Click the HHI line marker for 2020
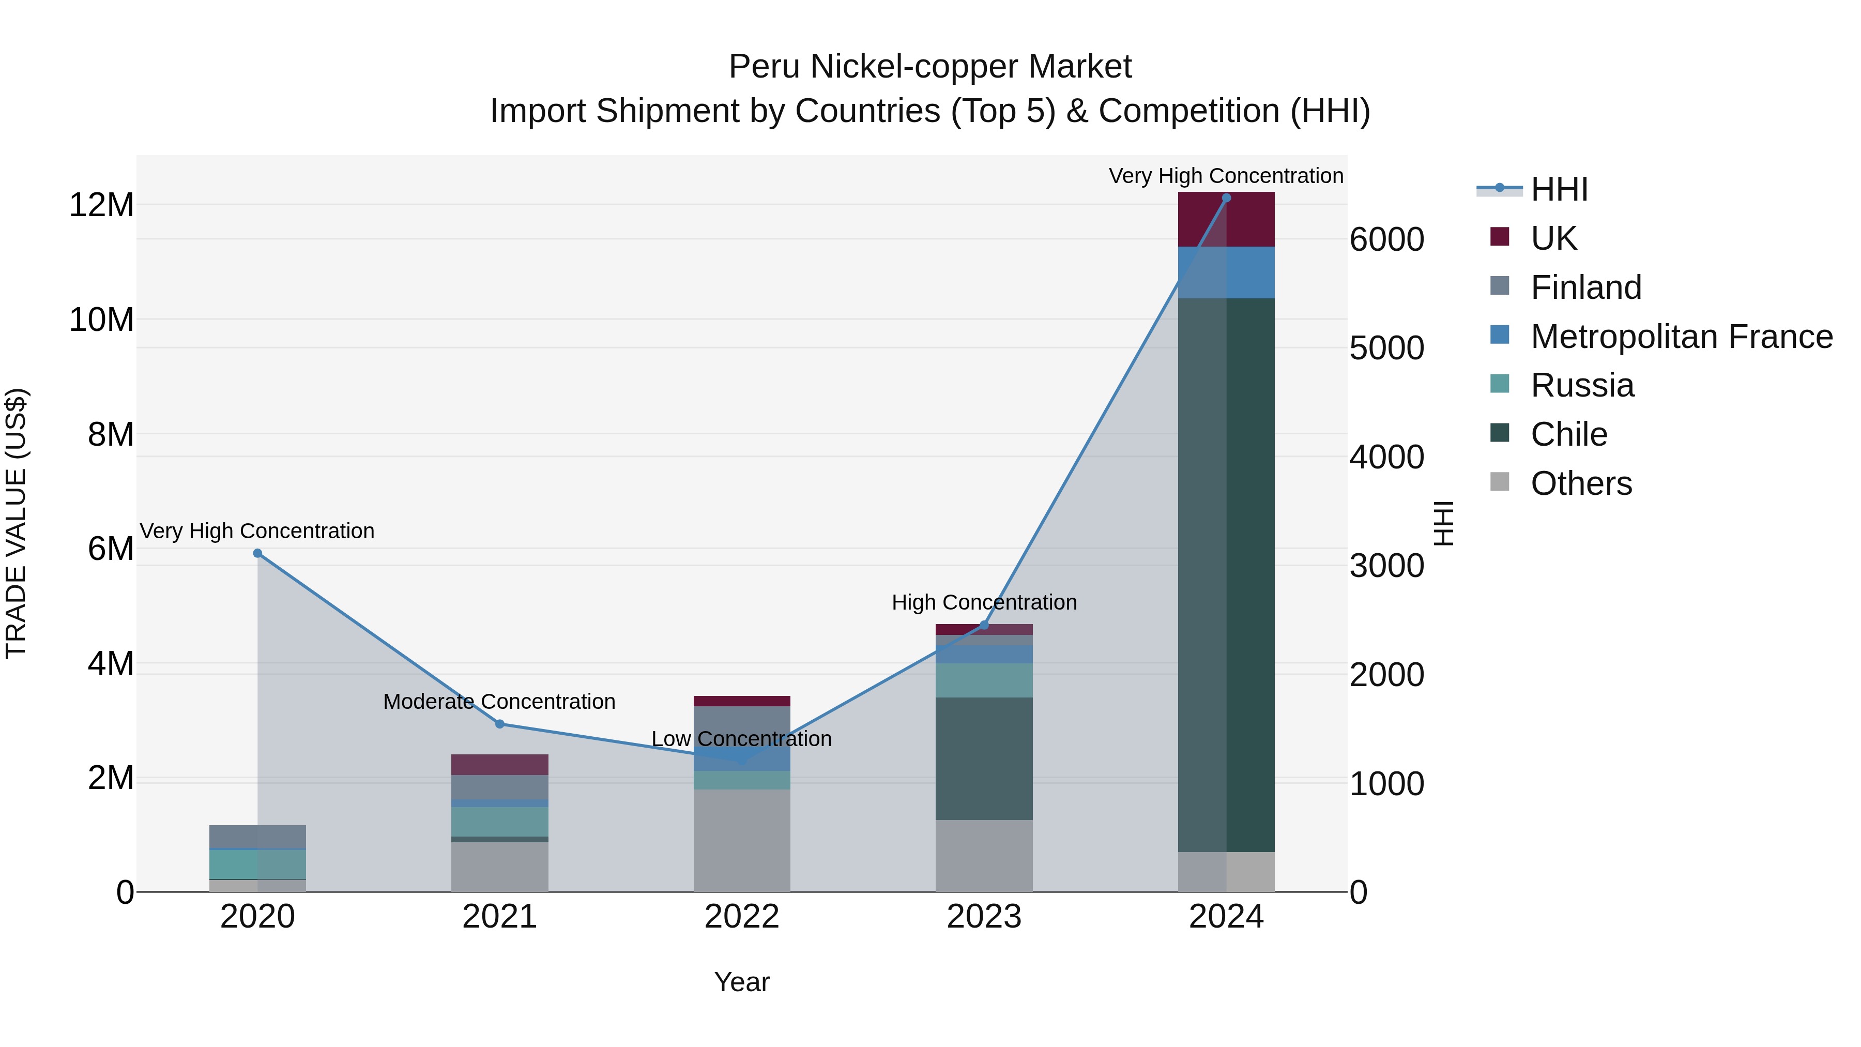[x=257, y=553]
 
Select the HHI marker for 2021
[x=499, y=724]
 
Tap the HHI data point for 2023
[x=984, y=625]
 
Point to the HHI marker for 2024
[x=1226, y=198]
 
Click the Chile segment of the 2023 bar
[x=984, y=758]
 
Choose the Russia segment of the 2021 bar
[x=499, y=822]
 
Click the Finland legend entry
[x=1586, y=287]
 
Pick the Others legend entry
[x=1581, y=483]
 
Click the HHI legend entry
[x=1559, y=189]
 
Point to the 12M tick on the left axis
[x=101, y=205]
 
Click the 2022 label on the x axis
[x=742, y=917]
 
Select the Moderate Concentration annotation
[x=499, y=702]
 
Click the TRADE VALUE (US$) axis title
[x=16, y=523]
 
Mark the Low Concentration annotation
[x=742, y=739]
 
